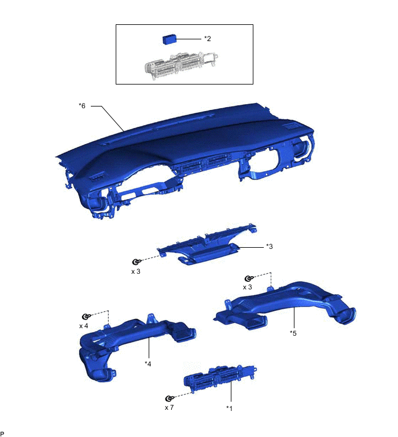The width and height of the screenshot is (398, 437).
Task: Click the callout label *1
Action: pyautogui.click(x=229, y=408)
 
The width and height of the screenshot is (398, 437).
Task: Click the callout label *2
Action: pyautogui.click(x=208, y=38)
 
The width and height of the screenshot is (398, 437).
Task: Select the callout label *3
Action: pyautogui.click(x=270, y=247)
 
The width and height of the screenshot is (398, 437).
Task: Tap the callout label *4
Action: pyautogui.click(x=148, y=363)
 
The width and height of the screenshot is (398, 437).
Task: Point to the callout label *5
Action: pyautogui.click(x=293, y=333)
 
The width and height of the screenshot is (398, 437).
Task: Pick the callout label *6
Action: pyautogui.click(x=82, y=105)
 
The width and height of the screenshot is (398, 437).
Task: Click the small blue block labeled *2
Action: pyautogui.click(x=169, y=39)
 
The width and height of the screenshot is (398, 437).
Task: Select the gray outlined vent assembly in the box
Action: pyautogui.click(x=181, y=65)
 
